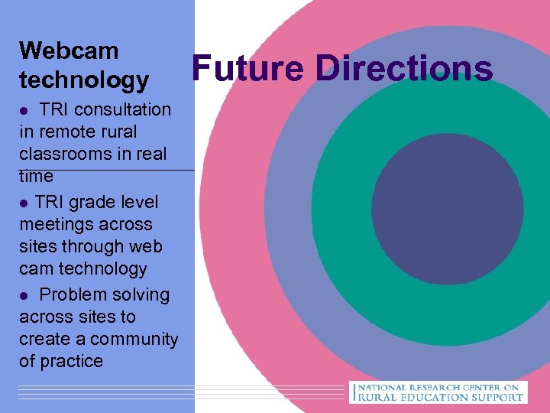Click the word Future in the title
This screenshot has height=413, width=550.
point(249,68)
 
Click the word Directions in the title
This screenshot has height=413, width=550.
point(405,68)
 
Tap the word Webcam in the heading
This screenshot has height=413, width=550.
point(69,51)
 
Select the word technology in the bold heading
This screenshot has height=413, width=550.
point(84,79)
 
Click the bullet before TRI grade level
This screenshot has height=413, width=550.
point(24,203)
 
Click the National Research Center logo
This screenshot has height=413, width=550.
point(438,392)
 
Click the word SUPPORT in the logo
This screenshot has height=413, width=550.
point(493,397)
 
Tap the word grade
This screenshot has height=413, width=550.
point(90,203)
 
